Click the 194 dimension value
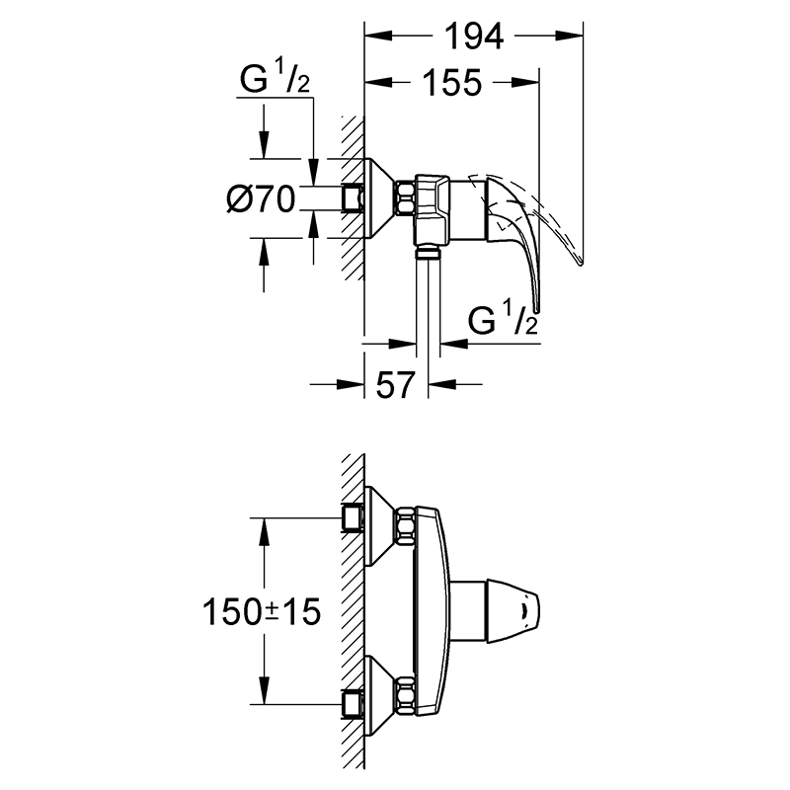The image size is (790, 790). [475, 37]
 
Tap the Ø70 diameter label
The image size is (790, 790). [261, 198]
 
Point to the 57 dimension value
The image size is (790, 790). [395, 384]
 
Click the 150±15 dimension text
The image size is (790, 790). [262, 611]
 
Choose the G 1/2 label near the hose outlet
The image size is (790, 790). [503, 318]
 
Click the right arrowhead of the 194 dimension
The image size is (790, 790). [570, 36]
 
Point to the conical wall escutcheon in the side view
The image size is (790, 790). [379, 198]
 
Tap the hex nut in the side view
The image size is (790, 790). [405, 198]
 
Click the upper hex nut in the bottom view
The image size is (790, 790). [405, 526]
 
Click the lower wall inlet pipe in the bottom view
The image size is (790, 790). [353, 704]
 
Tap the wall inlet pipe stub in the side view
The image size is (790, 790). [353, 198]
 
